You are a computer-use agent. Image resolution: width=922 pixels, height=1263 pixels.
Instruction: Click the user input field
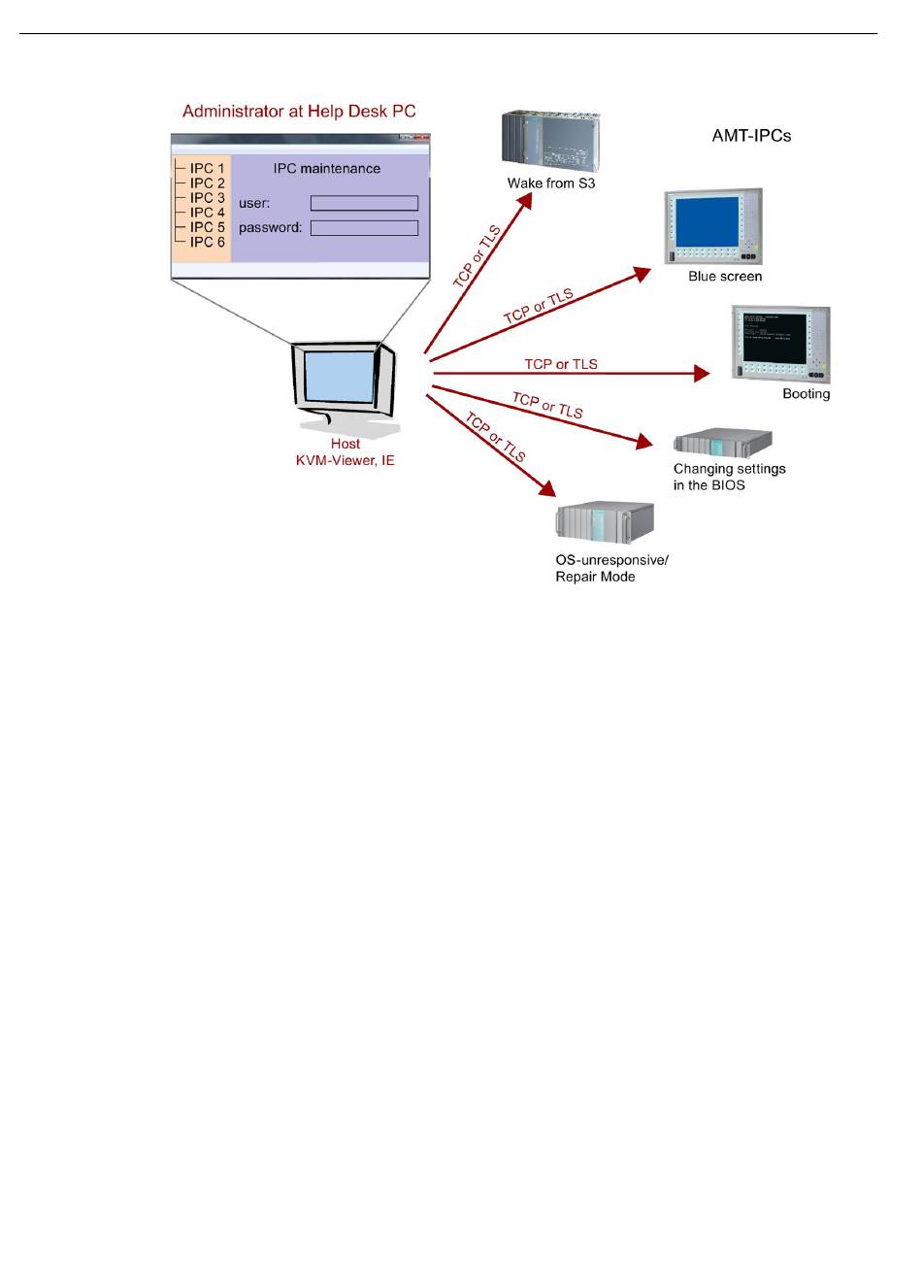point(364,203)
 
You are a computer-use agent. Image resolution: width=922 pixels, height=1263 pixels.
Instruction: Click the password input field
point(364,228)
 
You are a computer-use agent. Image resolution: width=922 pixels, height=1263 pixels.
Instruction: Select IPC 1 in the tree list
point(207,168)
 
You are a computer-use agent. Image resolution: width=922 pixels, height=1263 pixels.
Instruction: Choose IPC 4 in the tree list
point(207,212)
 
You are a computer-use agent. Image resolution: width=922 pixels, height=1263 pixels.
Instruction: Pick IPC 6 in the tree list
point(207,242)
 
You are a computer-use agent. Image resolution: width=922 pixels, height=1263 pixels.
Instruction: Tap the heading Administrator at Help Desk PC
point(299,111)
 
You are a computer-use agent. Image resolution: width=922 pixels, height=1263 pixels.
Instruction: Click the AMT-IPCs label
point(751,136)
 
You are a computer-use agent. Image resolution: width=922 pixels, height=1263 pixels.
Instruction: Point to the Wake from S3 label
point(550,183)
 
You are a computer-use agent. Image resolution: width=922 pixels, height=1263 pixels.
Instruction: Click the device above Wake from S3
point(550,141)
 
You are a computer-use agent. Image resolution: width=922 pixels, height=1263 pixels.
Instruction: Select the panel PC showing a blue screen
point(713,226)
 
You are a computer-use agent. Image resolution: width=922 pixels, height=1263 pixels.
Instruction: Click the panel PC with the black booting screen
point(780,344)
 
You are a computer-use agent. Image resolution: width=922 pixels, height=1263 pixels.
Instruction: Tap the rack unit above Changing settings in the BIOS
point(722,443)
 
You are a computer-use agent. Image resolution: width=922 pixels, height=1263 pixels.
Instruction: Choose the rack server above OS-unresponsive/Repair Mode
point(605,521)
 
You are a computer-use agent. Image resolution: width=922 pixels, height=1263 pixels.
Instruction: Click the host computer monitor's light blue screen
point(340,376)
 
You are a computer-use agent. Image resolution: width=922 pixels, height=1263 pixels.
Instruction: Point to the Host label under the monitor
point(345,444)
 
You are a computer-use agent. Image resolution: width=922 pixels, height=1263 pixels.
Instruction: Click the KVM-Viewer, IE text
point(345,461)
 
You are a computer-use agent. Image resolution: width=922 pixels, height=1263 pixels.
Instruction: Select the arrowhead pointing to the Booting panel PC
point(702,373)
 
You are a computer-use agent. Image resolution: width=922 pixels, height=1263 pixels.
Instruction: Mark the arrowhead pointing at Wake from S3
point(525,201)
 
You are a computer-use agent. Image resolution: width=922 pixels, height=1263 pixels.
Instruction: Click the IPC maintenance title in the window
point(327,169)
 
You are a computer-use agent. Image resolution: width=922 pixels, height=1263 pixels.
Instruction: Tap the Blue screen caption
point(725,277)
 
